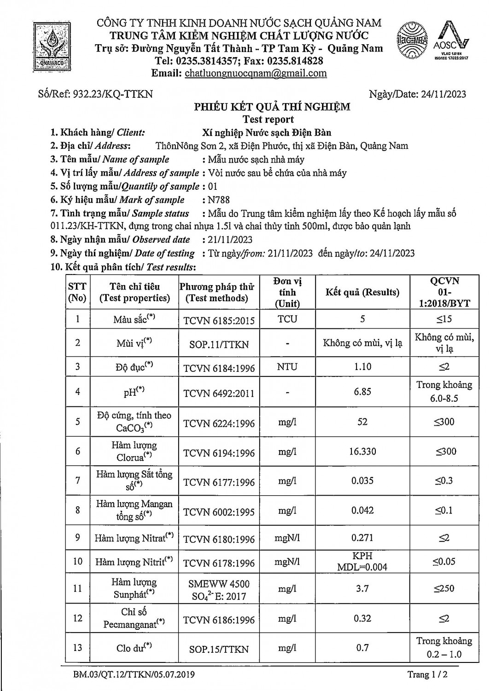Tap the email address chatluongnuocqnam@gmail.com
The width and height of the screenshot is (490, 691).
click(256, 73)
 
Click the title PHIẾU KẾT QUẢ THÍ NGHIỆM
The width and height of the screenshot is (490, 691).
click(272, 107)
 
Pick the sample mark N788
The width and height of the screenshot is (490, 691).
click(219, 200)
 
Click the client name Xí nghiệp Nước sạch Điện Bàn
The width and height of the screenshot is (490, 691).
click(267, 133)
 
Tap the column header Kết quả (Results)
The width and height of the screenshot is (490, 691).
click(362, 292)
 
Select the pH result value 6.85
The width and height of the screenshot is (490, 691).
click(362, 392)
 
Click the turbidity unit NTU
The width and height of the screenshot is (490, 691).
click(287, 367)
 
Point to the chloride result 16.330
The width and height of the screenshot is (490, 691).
click(362, 451)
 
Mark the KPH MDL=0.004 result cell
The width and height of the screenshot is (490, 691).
click(362, 562)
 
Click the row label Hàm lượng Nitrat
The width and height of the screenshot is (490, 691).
click(134, 538)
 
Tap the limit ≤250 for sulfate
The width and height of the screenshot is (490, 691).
click(444, 588)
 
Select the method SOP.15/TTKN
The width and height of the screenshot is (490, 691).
click(219, 649)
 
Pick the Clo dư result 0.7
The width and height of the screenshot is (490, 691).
click(362, 648)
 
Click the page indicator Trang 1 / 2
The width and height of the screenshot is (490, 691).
click(427, 675)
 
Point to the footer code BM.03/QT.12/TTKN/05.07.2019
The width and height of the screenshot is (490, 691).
click(134, 675)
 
